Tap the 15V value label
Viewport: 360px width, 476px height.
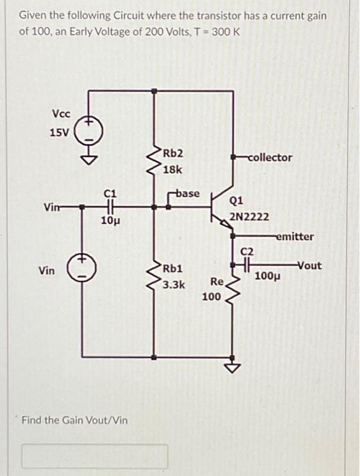pos(59,132)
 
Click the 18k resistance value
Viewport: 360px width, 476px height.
pos(172,169)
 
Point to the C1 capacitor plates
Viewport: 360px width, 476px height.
pos(110,207)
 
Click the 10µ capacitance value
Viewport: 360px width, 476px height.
pos(110,220)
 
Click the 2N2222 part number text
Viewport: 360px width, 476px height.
pos(249,217)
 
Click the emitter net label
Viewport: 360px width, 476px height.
pos(295,237)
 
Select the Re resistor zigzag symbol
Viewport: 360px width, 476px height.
pos(234,288)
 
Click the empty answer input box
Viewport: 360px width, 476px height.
pos(95,456)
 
